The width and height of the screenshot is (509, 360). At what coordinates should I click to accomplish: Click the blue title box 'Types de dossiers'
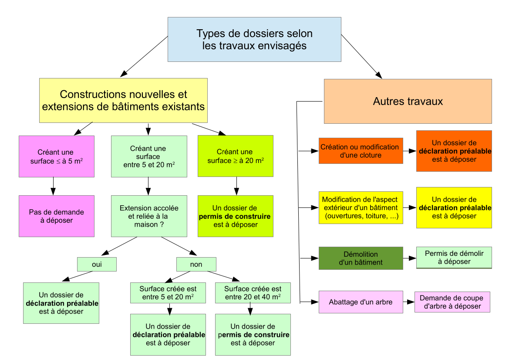[254, 40]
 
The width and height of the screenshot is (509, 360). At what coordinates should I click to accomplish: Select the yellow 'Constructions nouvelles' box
[123, 100]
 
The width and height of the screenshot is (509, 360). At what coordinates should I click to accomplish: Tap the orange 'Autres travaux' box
[408, 102]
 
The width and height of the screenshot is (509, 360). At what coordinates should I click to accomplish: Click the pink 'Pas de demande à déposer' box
[57, 216]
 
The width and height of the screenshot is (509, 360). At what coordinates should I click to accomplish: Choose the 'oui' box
[97, 264]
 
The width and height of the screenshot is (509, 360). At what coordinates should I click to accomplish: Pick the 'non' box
[196, 264]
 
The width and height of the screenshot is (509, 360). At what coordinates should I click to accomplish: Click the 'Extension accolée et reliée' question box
[149, 216]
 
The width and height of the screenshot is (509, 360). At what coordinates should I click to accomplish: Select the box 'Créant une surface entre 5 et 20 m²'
[149, 156]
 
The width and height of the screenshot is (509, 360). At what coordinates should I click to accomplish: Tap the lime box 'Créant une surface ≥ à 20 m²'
[235, 156]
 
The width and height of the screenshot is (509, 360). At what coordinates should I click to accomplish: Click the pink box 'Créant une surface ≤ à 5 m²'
[57, 156]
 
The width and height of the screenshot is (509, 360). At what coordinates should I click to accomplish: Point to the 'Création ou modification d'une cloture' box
[361, 151]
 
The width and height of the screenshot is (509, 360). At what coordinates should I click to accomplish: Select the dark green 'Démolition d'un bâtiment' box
[361, 258]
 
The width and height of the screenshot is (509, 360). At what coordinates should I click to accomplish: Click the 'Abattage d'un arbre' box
[361, 302]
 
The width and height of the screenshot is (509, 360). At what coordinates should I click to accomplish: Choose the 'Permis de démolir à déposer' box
[454, 258]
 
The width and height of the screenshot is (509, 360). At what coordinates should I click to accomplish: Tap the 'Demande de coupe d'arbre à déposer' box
[452, 302]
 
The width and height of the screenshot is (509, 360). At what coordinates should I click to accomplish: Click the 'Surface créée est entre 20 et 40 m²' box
[253, 293]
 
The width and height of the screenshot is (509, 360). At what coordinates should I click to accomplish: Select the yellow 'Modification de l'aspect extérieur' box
[361, 208]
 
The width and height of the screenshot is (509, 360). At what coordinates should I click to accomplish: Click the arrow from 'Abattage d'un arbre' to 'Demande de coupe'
[408, 302]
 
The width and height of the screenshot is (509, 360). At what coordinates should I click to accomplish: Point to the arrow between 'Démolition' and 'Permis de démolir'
[410, 258]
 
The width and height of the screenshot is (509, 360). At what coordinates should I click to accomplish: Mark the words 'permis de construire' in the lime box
[235, 217]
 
